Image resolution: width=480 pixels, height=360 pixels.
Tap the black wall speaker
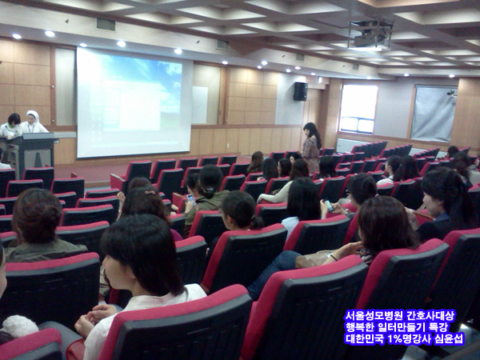[x=300, y=91]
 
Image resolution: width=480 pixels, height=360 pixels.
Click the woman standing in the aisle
[x=311, y=147]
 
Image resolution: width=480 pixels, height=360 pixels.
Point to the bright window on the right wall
[x=358, y=108]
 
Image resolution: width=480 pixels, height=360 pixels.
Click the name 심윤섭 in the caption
[x=450, y=338]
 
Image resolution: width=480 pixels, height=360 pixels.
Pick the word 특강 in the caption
[x=439, y=327]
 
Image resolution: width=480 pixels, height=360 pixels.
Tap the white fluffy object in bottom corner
[x=19, y=326]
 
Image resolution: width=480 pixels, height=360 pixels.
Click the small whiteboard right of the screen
[x=200, y=105]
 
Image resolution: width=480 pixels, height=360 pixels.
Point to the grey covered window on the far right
[x=434, y=113]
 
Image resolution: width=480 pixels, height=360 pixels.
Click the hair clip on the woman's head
[x=150, y=193]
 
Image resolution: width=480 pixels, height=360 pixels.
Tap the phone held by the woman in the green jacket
[x=191, y=198]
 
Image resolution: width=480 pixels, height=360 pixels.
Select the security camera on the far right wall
[x=451, y=93]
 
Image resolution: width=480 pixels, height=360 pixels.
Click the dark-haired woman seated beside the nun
[x=12, y=126]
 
